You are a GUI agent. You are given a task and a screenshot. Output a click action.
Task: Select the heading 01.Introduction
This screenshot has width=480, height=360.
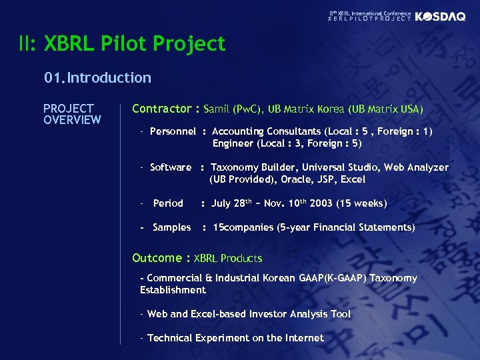click(98, 78)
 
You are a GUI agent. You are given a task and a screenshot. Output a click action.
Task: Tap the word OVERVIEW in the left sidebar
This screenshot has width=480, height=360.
click(72, 120)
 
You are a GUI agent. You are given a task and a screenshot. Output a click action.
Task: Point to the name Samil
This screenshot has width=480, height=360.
click(217, 109)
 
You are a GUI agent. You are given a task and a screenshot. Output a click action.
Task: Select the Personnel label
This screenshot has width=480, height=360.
click(173, 132)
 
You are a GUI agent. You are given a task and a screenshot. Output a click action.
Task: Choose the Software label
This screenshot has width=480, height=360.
click(171, 167)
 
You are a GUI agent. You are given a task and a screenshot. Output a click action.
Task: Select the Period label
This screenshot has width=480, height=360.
click(168, 203)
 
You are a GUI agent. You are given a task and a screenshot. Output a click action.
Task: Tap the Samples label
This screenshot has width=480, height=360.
click(171, 227)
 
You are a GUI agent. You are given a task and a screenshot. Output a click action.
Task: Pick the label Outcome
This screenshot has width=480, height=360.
click(157, 258)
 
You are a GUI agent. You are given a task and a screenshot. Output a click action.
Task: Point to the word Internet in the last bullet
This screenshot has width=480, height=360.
click(304, 338)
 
